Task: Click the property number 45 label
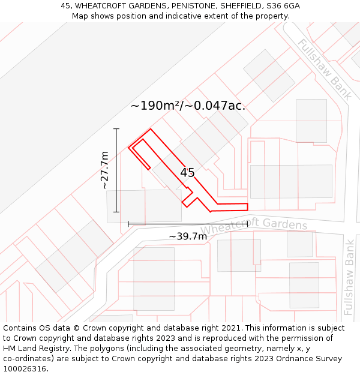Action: click(187, 173)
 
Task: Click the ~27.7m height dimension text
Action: click(105, 170)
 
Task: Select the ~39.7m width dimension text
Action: click(188, 236)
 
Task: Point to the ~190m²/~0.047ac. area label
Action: click(188, 106)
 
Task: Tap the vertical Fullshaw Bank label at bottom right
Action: click(349, 277)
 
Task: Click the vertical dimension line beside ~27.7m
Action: click(116, 170)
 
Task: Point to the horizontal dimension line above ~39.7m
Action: click(188, 224)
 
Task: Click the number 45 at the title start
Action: click(65, 6)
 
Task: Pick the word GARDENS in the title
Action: click(132, 6)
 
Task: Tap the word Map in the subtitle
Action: click(80, 16)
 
